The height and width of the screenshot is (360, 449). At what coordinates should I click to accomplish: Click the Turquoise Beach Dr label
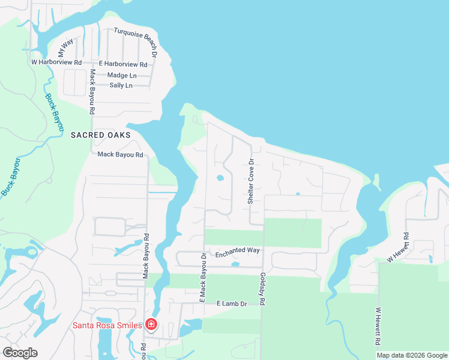pyautogui.click(x=136, y=39)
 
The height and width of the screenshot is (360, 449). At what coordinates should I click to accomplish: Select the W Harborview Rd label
pyautogui.click(x=56, y=62)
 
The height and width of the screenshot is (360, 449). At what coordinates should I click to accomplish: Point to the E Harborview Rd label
pyautogui.click(x=123, y=64)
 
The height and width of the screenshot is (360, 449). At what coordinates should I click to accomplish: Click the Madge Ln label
pyautogui.click(x=122, y=75)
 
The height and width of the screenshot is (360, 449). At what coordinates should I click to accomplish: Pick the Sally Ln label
pyautogui.click(x=121, y=85)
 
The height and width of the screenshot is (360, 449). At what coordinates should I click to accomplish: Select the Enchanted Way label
pyautogui.click(x=237, y=250)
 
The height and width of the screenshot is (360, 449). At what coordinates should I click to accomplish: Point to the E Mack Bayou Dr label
pyautogui.click(x=203, y=277)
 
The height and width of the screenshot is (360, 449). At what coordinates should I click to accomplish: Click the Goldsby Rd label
pyautogui.click(x=262, y=289)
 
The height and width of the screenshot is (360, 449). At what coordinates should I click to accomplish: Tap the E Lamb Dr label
pyautogui.click(x=232, y=304)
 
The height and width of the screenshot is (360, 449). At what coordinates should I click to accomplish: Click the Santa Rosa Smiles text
pyautogui.click(x=107, y=326)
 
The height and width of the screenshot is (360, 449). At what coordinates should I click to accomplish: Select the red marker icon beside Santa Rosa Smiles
pyautogui.click(x=151, y=325)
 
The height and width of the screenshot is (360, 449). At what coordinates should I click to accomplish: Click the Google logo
pyautogui.click(x=20, y=353)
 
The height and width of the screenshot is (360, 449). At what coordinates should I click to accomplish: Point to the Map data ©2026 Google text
pyautogui.click(x=411, y=355)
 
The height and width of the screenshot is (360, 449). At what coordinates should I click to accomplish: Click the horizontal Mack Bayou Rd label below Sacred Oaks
pyautogui.click(x=120, y=155)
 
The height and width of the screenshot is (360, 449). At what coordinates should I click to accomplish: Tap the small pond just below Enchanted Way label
pyautogui.click(x=235, y=264)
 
